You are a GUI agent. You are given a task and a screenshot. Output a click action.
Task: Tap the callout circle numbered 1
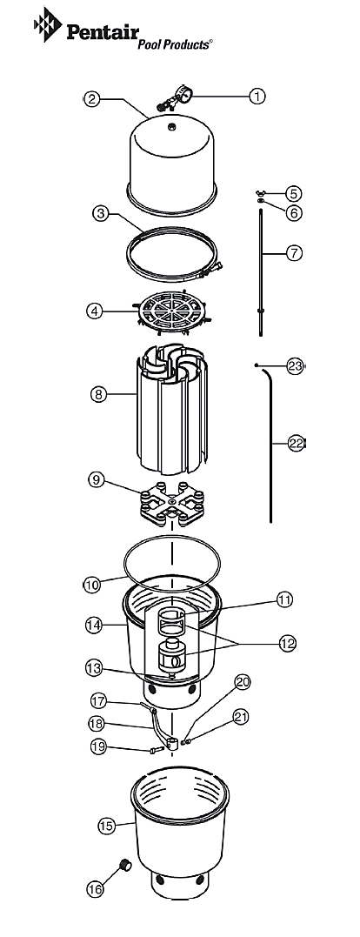click(257, 96)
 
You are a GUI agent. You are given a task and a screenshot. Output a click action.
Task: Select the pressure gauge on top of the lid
click(174, 98)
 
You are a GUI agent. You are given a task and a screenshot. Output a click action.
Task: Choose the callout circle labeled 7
click(293, 253)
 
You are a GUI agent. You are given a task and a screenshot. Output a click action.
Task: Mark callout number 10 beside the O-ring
click(91, 585)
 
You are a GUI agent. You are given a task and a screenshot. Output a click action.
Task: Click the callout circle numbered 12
click(287, 643)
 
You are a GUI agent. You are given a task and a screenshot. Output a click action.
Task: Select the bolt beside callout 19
click(157, 750)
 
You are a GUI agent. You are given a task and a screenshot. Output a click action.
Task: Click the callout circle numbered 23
click(295, 366)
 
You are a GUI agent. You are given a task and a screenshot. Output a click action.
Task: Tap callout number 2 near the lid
click(90, 98)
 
